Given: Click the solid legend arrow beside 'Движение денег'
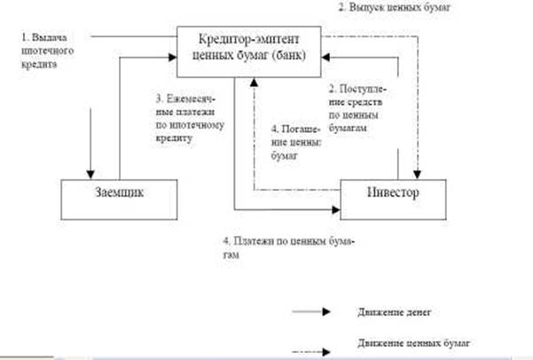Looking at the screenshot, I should point(314,312).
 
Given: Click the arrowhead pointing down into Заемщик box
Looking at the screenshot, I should point(89,173).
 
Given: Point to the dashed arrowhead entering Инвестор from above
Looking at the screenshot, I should point(419,174).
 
